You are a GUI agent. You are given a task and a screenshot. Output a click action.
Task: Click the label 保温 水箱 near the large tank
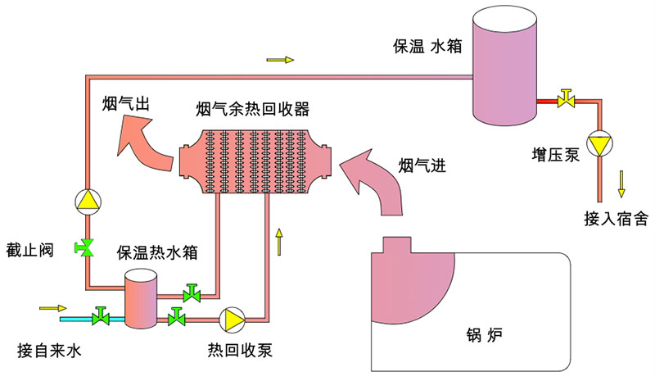427,47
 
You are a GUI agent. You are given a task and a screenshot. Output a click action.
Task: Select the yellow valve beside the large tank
564,99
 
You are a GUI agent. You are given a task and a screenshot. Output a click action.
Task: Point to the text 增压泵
555,154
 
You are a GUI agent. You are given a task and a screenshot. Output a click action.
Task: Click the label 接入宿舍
616,219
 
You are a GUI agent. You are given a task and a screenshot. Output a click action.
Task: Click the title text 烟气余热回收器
253,108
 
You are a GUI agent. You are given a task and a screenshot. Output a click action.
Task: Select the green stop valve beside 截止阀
85,247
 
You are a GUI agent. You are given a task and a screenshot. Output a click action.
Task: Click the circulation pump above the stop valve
86,199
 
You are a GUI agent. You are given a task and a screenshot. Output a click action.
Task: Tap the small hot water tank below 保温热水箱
139,299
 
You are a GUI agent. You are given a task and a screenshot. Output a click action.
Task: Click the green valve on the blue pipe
102,315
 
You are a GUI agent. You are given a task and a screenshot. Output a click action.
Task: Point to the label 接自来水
51,352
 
